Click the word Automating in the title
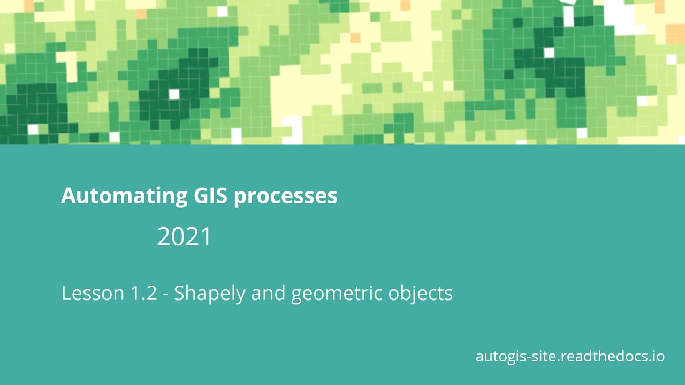[x=123, y=196]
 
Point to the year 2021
[x=184, y=237]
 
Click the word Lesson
[x=92, y=293]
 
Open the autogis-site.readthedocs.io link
[x=570, y=356]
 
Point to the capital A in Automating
[x=67, y=196]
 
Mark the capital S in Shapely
[x=179, y=293]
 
